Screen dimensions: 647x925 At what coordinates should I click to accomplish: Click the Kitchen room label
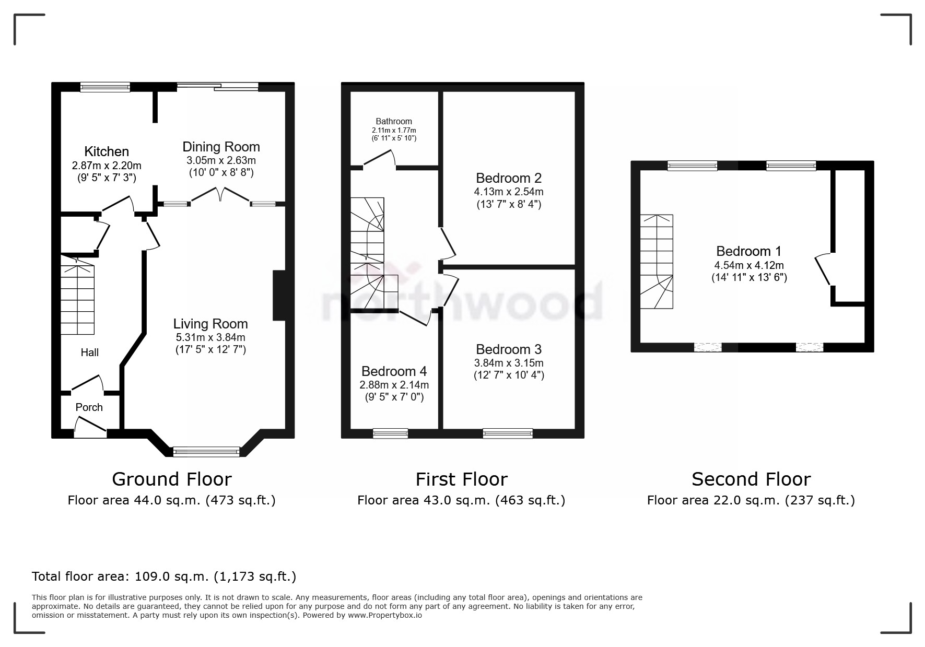[x=107, y=151]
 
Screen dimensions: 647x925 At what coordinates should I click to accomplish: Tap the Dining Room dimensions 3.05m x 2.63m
[x=221, y=160]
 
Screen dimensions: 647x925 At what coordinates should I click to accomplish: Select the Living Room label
[x=210, y=324]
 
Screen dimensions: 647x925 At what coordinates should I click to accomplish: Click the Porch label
[x=89, y=407]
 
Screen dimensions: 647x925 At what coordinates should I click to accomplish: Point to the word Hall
[x=89, y=352]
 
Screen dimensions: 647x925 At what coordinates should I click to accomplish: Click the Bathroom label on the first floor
[x=394, y=121]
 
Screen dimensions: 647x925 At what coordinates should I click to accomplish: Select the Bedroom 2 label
[x=508, y=178]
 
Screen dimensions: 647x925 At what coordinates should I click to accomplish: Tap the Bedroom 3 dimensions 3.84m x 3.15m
[x=508, y=363]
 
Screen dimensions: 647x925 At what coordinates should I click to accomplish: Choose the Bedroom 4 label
[x=394, y=371]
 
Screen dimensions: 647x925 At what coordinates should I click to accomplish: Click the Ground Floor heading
[x=172, y=479]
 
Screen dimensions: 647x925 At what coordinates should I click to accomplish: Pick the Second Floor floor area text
[x=751, y=500]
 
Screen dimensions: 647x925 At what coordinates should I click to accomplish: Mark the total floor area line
[x=164, y=577]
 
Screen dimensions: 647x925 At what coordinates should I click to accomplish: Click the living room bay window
[x=206, y=452]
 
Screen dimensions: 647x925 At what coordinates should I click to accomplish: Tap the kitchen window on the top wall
[x=105, y=87]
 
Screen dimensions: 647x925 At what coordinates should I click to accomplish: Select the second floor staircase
[x=657, y=261]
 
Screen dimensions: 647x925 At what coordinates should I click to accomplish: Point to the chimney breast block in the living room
[x=279, y=295]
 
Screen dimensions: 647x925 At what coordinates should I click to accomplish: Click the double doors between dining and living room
[x=220, y=195]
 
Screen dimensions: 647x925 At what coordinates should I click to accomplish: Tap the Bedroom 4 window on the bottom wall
[x=390, y=433]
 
